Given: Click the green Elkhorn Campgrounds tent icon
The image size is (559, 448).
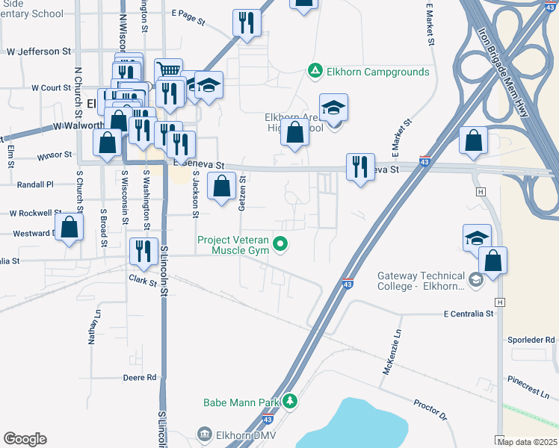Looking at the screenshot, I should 315,72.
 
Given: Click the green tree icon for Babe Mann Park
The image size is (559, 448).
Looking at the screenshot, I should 291,402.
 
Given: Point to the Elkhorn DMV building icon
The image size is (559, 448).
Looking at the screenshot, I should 204,435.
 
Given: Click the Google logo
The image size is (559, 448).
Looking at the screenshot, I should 25,439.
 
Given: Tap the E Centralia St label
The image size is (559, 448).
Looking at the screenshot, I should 469,314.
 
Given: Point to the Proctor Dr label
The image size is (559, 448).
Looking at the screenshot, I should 430,409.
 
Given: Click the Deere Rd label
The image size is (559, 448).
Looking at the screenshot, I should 140,378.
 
